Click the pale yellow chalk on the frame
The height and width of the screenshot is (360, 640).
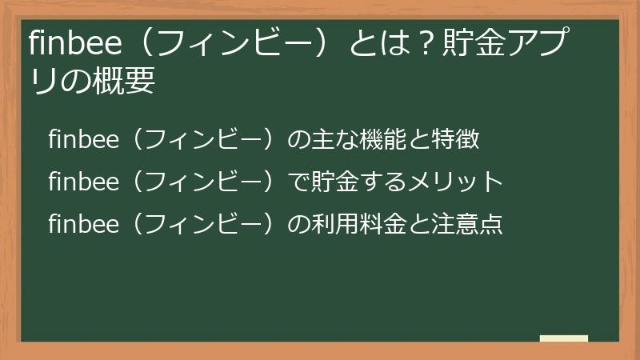pyautogui.click(x=564, y=339)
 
